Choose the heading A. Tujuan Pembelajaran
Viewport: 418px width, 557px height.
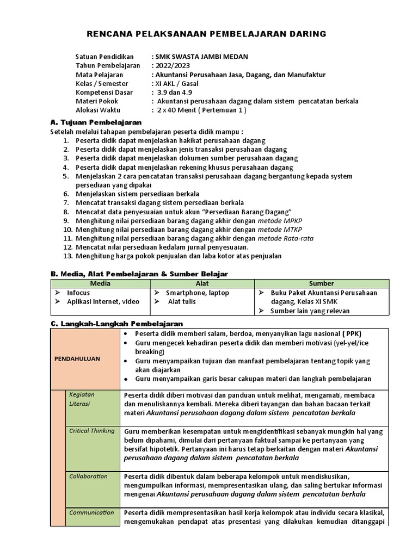pos(96,122)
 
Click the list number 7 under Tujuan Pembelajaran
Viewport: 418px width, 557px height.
pos(66,202)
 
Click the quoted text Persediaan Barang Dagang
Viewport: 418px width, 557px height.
pos(249,212)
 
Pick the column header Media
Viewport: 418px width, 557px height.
pos(100,283)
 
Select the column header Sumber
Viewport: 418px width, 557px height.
pos(322,283)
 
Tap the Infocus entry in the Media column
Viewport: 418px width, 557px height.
pos(78,293)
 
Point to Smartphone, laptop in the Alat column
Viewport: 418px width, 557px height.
pos(197,293)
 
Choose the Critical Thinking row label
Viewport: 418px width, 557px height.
pos(91,431)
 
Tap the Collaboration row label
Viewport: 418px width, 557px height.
pos(88,476)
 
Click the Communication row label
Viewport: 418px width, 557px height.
pos(91,512)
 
